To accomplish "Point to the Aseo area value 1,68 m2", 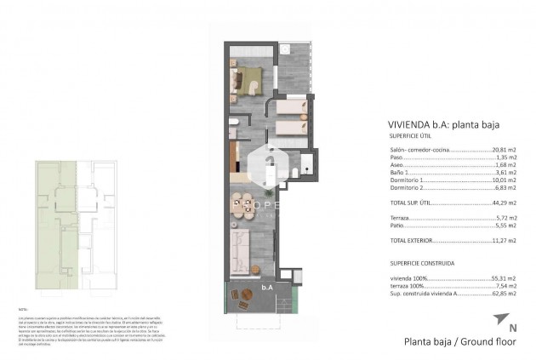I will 505,165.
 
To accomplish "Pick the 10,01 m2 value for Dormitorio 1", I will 504,180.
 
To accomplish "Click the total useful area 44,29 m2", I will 504,203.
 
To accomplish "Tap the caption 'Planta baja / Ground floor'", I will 460,342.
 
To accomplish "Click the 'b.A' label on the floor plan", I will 267,287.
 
